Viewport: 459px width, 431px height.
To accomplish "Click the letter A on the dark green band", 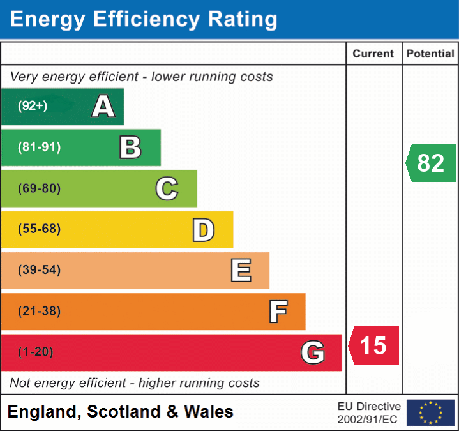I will tap(103, 106).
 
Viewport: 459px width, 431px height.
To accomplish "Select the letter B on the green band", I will tap(130, 147).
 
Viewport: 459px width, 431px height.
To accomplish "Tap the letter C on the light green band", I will tap(167, 188).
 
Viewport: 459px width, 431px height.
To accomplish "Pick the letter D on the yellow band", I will tap(203, 230).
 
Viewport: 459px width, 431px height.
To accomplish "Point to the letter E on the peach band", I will tap(241, 270).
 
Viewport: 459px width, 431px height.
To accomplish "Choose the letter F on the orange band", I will tap(278, 312).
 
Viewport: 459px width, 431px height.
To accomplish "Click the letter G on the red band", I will tap(313, 352).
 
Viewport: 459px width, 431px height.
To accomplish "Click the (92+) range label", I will tap(33, 106).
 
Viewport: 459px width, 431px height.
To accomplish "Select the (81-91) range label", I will tap(40, 147).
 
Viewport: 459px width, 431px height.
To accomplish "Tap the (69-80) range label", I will tap(40, 188).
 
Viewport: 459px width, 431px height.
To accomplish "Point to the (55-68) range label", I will tap(40, 229).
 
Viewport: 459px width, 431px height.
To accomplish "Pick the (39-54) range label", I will tap(40, 270).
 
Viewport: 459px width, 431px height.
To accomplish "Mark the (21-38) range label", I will tap(40, 312).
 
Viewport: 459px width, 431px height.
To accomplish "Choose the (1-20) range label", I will tap(36, 352).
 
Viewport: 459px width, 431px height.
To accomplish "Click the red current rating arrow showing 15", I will tap(374, 345).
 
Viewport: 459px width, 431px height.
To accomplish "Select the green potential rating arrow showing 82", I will tap(432, 163).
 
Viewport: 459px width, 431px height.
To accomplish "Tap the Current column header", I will tap(374, 54).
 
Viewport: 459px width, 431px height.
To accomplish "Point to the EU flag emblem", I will tap(431, 412).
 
